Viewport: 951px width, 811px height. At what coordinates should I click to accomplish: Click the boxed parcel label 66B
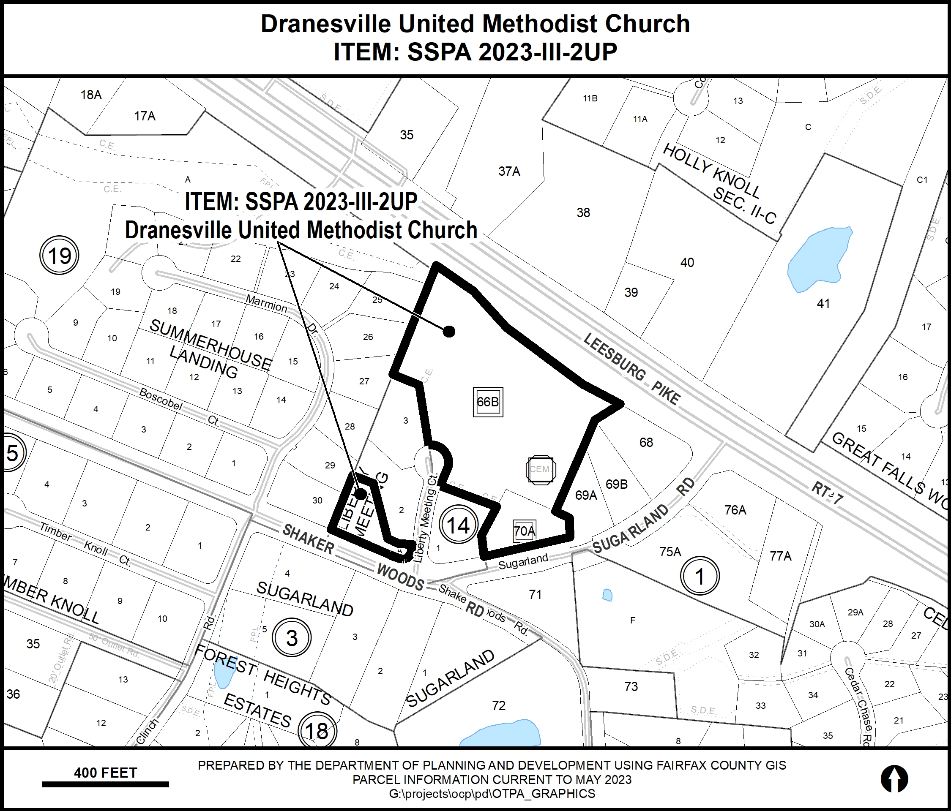pyautogui.click(x=488, y=402)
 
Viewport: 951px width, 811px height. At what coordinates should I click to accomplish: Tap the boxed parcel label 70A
pyautogui.click(x=525, y=531)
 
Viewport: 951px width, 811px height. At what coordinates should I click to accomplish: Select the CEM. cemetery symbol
pyautogui.click(x=541, y=469)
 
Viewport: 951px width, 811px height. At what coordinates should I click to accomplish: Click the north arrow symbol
pyautogui.click(x=894, y=779)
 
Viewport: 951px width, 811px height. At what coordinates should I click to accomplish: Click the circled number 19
pyautogui.click(x=60, y=256)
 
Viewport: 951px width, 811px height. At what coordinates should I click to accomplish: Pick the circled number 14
pyautogui.click(x=458, y=525)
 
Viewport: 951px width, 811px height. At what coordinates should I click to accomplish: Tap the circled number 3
pyautogui.click(x=292, y=638)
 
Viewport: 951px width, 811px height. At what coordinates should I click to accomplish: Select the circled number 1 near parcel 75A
pyautogui.click(x=700, y=576)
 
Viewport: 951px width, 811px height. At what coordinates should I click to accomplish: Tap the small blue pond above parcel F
pyautogui.click(x=607, y=596)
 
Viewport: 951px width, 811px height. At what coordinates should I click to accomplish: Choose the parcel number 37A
pyautogui.click(x=509, y=171)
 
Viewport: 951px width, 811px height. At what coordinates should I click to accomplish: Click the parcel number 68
pyautogui.click(x=646, y=443)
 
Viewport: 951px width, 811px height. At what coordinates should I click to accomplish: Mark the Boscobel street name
pyautogui.click(x=161, y=399)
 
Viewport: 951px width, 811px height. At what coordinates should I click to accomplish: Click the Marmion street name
pyautogui.click(x=266, y=303)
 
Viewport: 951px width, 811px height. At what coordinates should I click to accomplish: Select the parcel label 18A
pyautogui.click(x=91, y=95)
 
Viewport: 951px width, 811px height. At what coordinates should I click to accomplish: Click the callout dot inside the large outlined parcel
pyautogui.click(x=449, y=331)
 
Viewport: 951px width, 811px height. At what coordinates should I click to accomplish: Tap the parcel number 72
pyautogui.click(x=499, y=705)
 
